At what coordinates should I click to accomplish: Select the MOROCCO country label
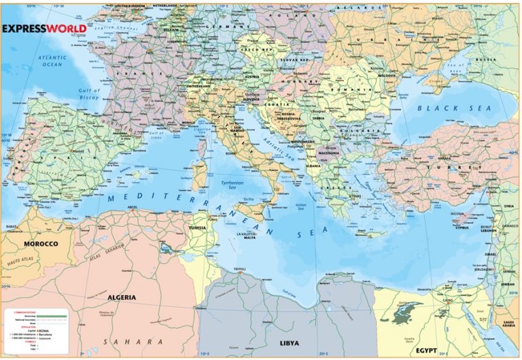click(x=41, y=243)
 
